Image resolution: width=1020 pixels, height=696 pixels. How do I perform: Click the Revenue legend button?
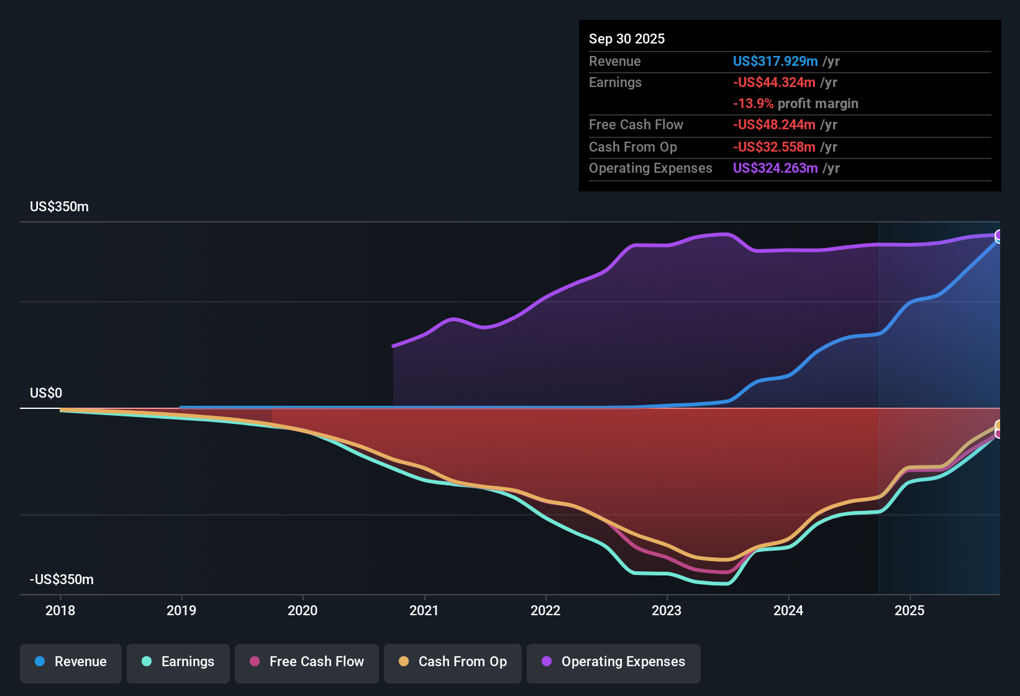[71, 662]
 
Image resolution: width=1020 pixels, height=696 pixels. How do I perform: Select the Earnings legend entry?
[178, 662]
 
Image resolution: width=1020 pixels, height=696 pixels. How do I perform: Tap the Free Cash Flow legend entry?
[307, 662]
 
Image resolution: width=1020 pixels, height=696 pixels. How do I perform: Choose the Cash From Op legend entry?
[453, 662]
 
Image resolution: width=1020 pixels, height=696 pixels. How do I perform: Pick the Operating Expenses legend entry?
[614, 662]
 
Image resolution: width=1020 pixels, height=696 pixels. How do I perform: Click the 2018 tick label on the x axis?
[60, 611]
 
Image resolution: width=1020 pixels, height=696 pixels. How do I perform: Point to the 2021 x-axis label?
[424, 611]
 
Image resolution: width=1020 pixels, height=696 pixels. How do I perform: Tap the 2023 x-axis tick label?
[667, 611]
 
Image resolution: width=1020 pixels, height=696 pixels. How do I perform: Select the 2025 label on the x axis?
[909, 611]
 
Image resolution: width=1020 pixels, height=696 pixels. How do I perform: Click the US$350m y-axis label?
[59, 207]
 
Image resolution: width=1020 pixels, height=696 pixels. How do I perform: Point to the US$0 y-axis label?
[46, 393]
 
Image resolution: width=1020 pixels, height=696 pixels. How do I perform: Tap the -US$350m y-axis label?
[61, 580]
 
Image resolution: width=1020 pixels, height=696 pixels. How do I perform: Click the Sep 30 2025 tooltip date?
[626, 39]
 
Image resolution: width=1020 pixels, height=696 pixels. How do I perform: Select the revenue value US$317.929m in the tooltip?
[775, 62]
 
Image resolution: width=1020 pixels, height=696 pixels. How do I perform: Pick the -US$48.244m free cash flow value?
[773, 125]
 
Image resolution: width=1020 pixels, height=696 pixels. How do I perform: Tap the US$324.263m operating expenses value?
[775, 168]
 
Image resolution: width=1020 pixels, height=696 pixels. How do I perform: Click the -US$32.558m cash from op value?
[773, 147]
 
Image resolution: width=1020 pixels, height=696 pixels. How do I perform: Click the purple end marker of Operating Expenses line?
[999, 235]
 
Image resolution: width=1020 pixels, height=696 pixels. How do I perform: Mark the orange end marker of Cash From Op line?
[999, 425]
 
